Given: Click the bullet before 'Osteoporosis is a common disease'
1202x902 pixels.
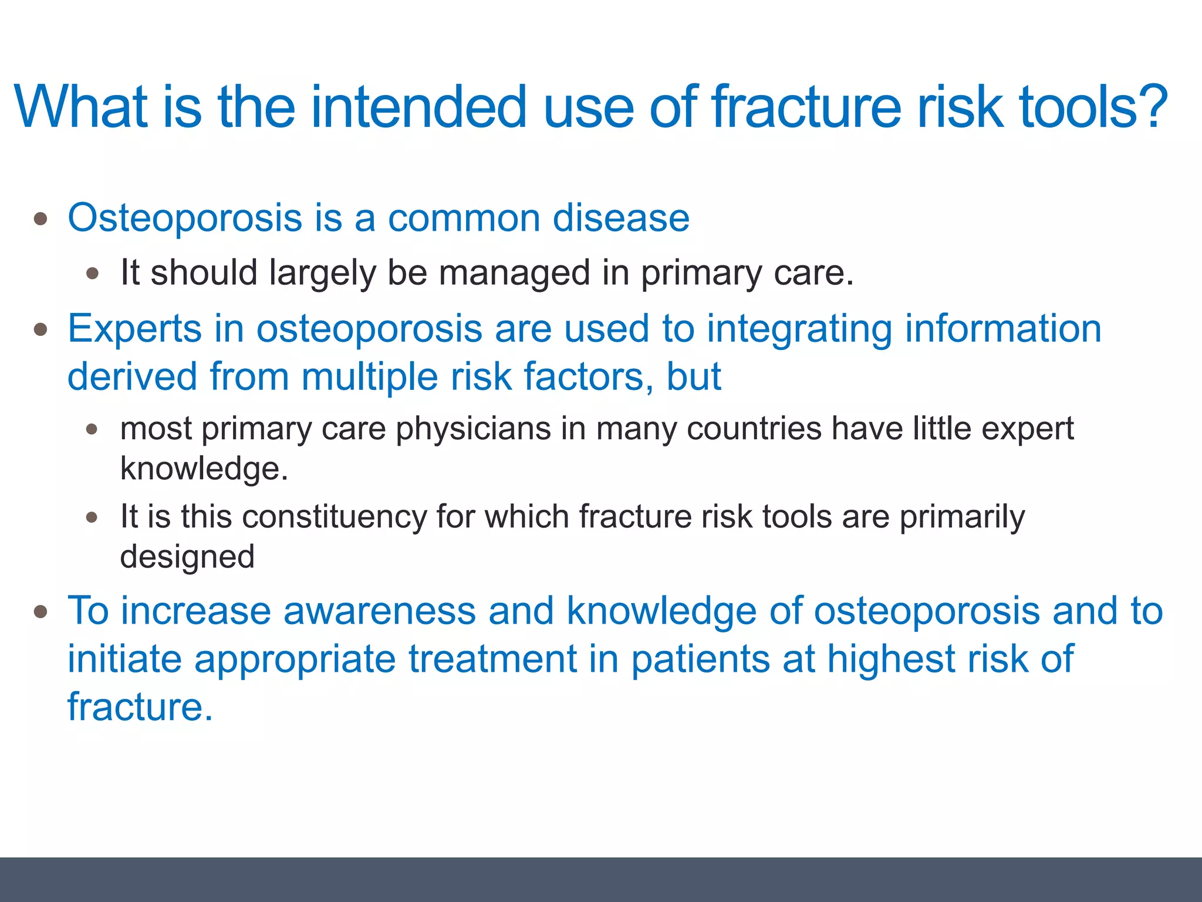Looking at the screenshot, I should [x=40, y=219].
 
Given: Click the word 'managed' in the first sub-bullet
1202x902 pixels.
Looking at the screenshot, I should [x=514, y=273].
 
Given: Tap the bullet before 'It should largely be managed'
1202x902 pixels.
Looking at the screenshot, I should [x=92, y=274].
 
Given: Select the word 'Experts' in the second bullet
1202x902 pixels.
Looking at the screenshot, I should [x=134, y=328].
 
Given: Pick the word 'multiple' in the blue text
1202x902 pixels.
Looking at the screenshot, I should [x=369, y=376].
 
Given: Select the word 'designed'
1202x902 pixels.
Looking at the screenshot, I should [x=187, y=557].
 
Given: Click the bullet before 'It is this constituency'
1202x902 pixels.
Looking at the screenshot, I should [x=92, y=517].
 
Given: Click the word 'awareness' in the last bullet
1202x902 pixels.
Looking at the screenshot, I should [x=379, y=611].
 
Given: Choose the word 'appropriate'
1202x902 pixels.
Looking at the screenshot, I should [x=295, y=659].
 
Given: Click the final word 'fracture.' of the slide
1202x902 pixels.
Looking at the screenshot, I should [x=140, y=706].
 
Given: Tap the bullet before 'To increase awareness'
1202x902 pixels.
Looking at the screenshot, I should [x=40, y=612].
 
